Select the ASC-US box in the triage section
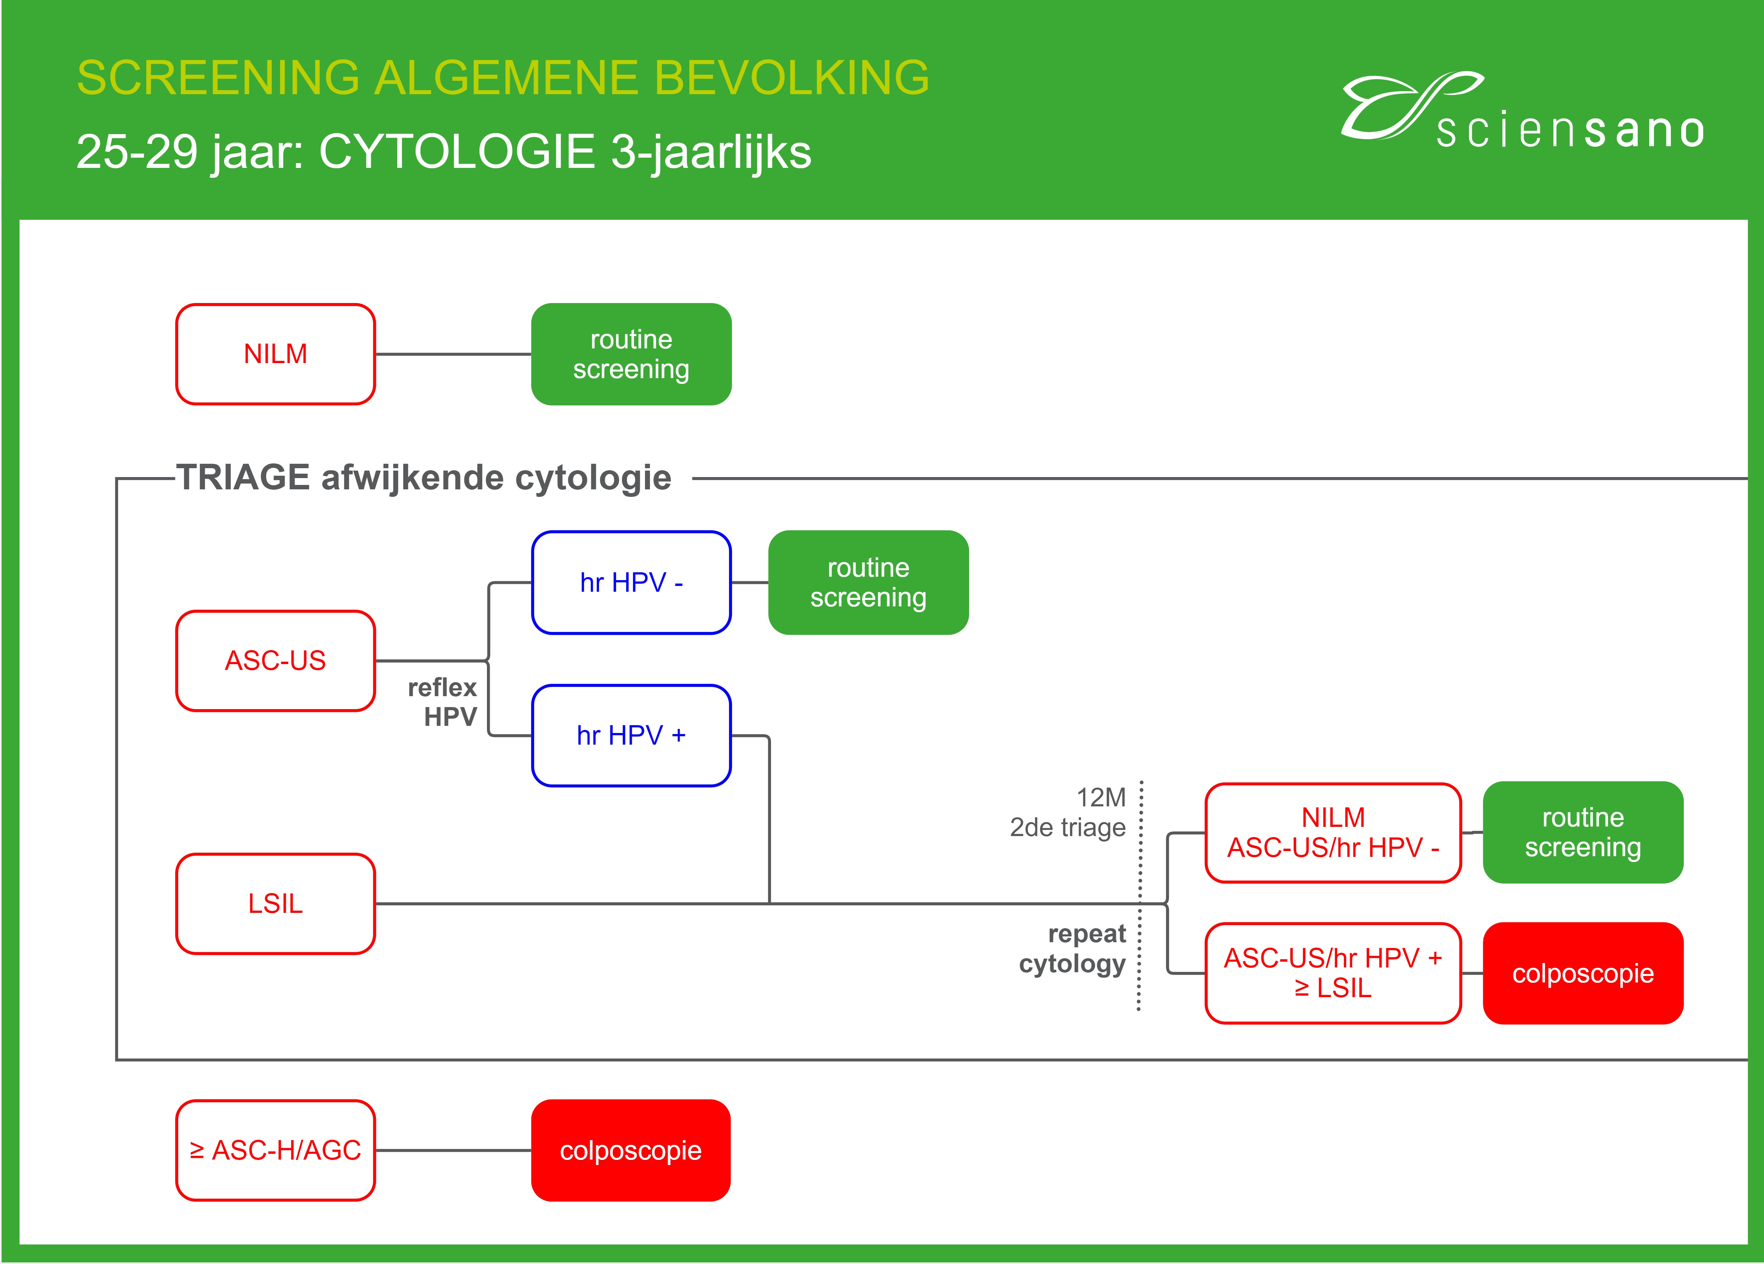[x=275, y=661]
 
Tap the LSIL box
[x=275, y=903]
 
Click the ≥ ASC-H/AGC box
[x=275, y=1150]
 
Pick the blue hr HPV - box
[x=631, y=582]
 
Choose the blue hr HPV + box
[x=631, y=735]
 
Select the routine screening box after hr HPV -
[x=868, y=582]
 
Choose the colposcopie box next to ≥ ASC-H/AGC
[x=631, y=1150]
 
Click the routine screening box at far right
[x=1583, y=833]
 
